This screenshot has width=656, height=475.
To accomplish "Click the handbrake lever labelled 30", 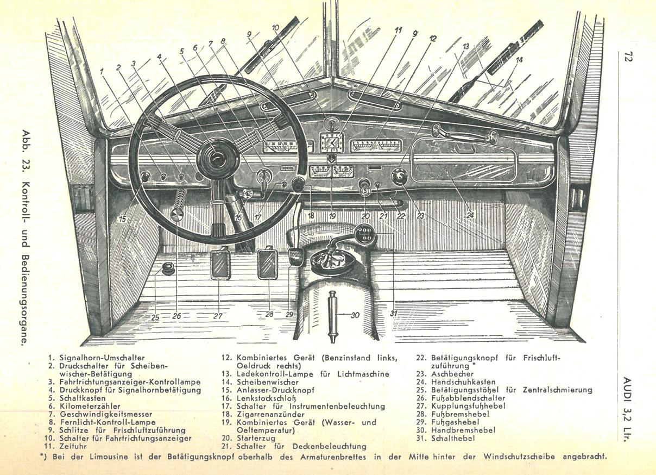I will coord(333,315).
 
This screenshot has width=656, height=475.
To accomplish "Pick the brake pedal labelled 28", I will coord(268,263).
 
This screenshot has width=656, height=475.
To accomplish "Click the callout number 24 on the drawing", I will coord(470,215).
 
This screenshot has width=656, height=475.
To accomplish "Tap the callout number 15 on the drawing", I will coord(122,219).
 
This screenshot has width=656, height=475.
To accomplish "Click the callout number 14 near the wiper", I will coord(519,60).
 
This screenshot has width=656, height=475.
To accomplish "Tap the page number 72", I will coord(628,57).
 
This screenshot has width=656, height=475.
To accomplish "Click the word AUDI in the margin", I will coord(628,386).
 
